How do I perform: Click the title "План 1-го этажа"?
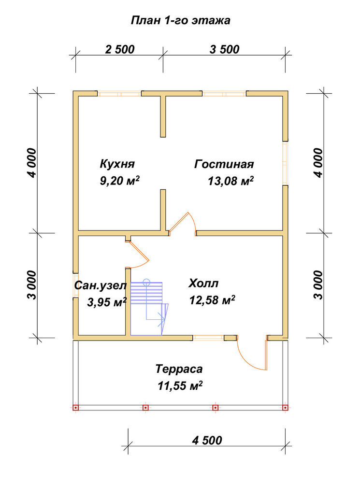click(181, 21)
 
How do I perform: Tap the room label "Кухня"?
click(117, 164)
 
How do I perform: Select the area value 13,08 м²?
click(230, 181)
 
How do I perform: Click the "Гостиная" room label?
click(224, 164)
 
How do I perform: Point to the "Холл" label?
click(203, 283)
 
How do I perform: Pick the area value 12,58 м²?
click(212, 299)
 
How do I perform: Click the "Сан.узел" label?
click(101, 285)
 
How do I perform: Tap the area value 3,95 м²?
click(107, 302)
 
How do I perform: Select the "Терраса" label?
click(179, 369)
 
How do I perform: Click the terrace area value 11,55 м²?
click(180, 385)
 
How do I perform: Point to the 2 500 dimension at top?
click(120, 49)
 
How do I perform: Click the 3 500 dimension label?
click(224, 49)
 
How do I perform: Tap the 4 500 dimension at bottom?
click(207, 440)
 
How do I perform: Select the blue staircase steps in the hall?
click(146, 293)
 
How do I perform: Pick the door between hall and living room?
click(179, 222)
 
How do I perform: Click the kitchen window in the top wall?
click(119, 93)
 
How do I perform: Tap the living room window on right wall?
click(286, 163)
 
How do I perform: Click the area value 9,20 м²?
click(119, 181)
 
